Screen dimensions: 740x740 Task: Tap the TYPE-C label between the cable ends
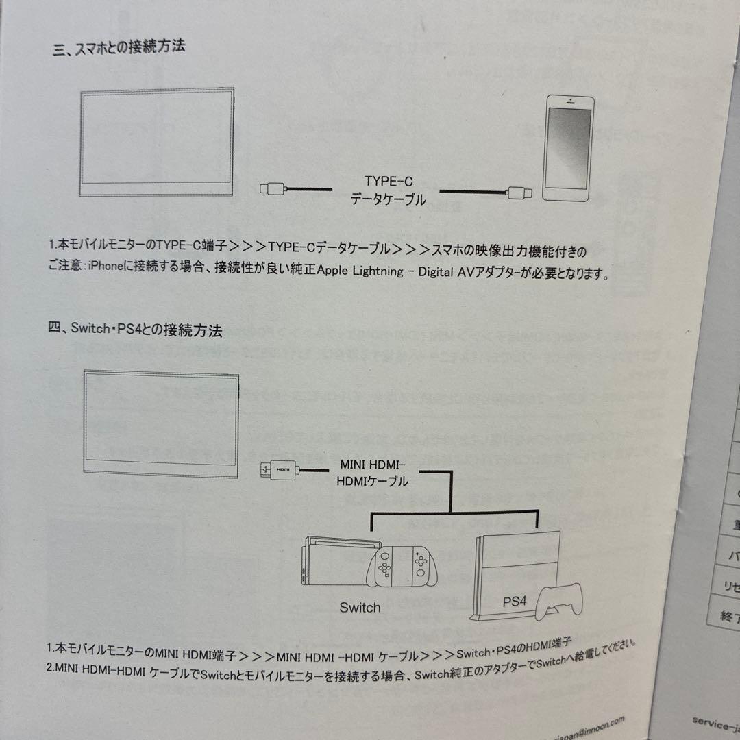(x=388, y=182)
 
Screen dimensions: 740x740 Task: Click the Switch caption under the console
(x=360, y=608)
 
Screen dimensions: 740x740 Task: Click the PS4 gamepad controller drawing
(x=558, y=602)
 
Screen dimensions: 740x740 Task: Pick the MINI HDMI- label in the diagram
(x=373, y=464)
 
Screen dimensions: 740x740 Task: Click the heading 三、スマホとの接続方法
(x=119, y=48)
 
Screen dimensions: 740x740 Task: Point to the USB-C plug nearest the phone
(x=518, y=193)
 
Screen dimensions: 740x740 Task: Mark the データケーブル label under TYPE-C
(x=388, y=200)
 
